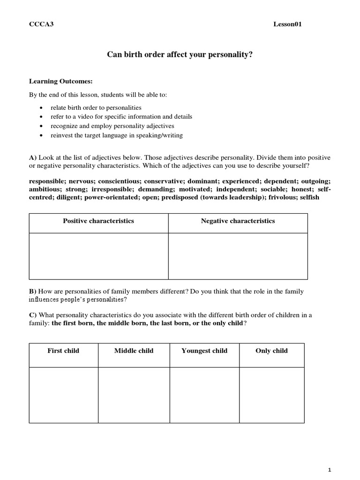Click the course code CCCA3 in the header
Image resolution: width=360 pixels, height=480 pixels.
tap(41, 24)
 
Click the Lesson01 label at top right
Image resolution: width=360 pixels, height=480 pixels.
tap(287, 24)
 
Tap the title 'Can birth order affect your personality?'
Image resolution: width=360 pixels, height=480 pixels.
tap(180, 55)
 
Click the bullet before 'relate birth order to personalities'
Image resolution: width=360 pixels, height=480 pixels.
tap(42, 108)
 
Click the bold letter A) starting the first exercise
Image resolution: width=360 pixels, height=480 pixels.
tap(33, 158)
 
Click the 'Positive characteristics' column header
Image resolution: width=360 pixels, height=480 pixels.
tap(98, 221)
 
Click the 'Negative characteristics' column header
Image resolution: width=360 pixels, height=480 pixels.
tap(238, 221)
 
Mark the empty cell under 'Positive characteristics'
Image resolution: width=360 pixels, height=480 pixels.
tap(98, 256)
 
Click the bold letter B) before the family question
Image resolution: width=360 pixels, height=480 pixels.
tap(33, 292)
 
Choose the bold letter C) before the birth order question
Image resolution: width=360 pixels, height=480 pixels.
tap(33, 315)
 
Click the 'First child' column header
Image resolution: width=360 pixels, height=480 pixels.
tap(63, 351)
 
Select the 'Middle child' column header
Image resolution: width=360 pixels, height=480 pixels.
tap(134, 351)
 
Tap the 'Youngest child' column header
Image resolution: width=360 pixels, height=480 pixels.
tap(204, 351)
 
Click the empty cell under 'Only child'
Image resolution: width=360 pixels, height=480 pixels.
tap(271, 395)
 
